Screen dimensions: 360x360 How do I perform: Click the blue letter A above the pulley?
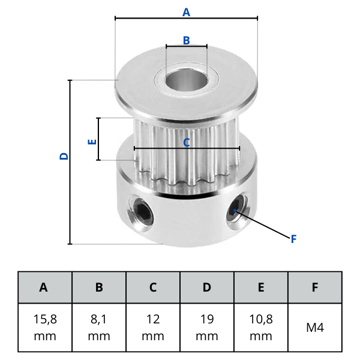coord(186,12)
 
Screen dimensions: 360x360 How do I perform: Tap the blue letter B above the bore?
coord(187,40)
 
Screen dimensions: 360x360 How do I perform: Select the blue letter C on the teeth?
coord(187,143)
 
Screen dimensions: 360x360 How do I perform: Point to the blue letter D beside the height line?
coord(64,156)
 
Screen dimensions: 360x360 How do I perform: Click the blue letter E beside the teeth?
coord(92,142)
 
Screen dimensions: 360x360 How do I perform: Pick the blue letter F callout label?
coord(293,239)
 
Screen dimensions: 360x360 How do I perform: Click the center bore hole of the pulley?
coord(187,80)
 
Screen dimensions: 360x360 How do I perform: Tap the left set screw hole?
coord(141,211)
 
